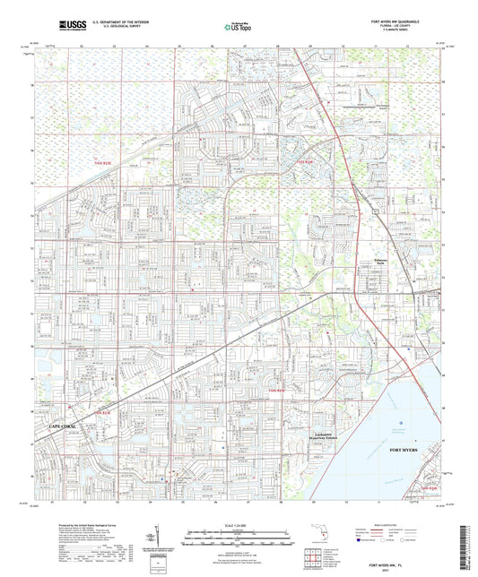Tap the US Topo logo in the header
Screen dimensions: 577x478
pos(238,28)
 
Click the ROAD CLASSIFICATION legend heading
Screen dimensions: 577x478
pos(389,524)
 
